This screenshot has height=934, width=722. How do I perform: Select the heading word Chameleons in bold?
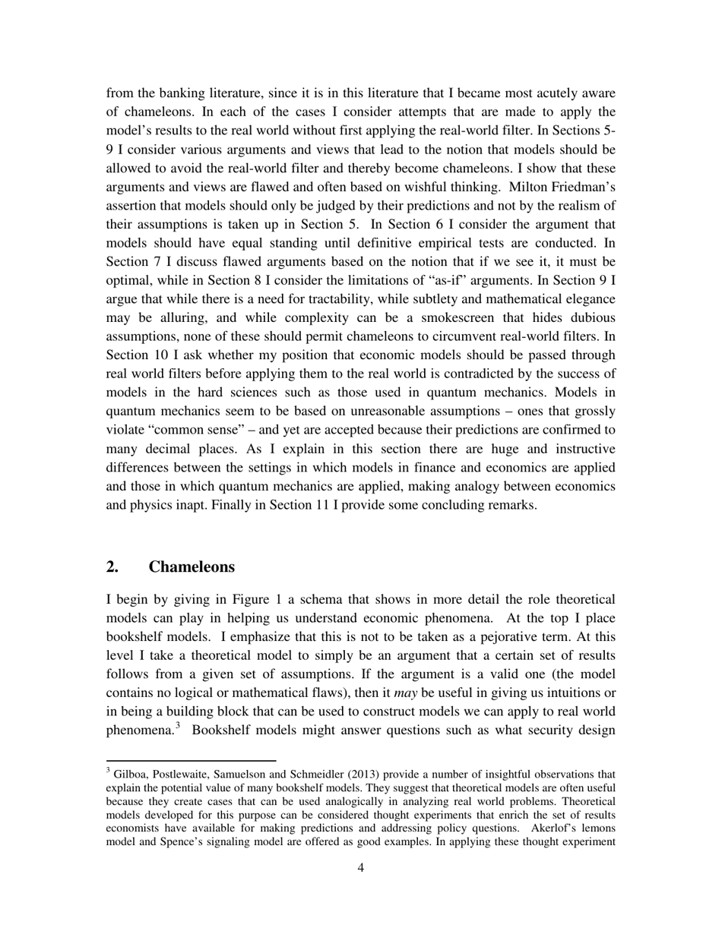[x=192, y=566]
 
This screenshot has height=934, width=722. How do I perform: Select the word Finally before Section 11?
[x=228, y=505]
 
